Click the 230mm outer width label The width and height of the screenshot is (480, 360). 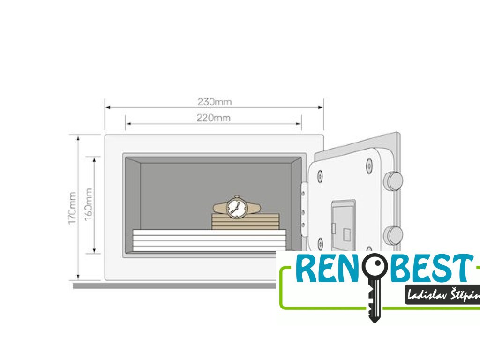point(214,101)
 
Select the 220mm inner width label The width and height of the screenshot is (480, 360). point(214,118)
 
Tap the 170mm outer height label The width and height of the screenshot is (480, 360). point(73,207)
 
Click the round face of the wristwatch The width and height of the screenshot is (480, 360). point(236,207)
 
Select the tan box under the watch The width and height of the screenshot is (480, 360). point(245,221)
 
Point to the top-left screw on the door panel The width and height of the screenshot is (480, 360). point(320,176)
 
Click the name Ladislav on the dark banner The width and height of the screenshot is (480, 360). point(427,295)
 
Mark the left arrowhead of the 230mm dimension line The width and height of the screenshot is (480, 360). point(107,107)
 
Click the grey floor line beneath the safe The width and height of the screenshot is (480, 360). point(173,285)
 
